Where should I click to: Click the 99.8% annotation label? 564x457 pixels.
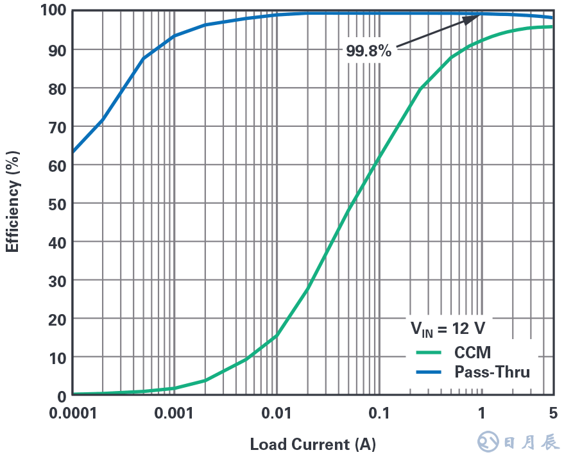(368, 51)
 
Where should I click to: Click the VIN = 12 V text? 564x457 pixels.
(448, 328)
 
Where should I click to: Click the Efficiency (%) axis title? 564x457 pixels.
(12, 201)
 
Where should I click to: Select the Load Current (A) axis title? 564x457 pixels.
(312, 444)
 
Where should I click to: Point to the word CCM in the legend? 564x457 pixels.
(472, 352)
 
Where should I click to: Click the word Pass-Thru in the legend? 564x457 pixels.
(492, 372)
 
